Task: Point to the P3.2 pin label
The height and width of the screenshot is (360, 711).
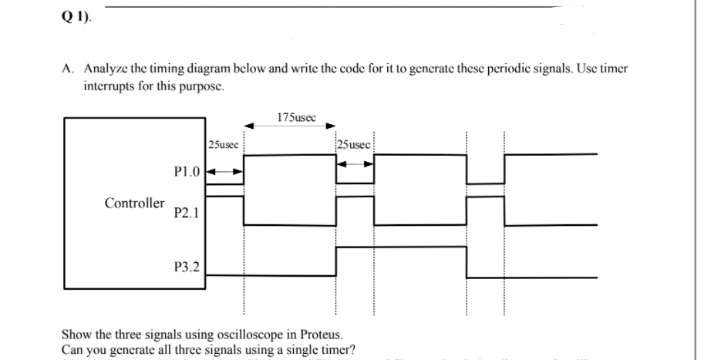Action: click(x=186, y=267)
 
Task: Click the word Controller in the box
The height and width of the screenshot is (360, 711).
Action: click(x=134, y=204)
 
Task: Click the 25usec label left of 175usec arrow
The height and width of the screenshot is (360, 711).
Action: click(x=225, y=143)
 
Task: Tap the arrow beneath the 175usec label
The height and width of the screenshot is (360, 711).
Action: click(x=289, y=127)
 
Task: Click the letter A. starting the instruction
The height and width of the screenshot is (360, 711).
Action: click(x=68, y=68)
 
